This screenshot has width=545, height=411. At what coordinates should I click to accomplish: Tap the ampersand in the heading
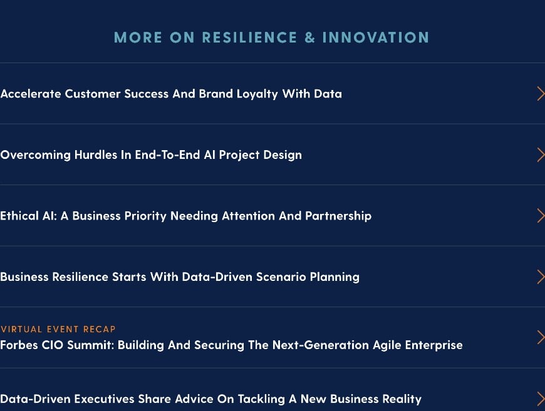(310, 38)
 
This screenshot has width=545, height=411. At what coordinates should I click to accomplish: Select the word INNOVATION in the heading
(375, 38)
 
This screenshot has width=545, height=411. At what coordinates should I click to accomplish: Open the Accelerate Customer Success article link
(171, 94)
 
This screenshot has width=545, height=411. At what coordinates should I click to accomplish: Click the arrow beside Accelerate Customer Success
(540, 94)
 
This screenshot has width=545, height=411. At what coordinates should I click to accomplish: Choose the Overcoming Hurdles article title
(151, 155)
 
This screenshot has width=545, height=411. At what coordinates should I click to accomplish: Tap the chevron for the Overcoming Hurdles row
(540, 155)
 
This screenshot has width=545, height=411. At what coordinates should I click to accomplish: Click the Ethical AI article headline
(185, 216)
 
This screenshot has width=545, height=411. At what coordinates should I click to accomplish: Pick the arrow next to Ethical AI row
(540, 216)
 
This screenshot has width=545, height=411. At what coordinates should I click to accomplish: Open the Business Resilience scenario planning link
(180, 277)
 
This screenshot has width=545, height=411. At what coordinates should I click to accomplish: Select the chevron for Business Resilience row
(540, 277)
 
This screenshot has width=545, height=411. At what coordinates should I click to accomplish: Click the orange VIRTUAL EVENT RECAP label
(58, 329)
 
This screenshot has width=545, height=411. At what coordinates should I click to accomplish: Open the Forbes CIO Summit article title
(231, 345)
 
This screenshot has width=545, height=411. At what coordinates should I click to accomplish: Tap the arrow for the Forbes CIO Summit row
(540, 338)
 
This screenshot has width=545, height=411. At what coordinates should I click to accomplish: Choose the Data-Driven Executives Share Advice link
(210, 398)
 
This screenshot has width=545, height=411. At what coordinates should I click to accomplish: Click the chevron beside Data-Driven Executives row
(540, 398)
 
